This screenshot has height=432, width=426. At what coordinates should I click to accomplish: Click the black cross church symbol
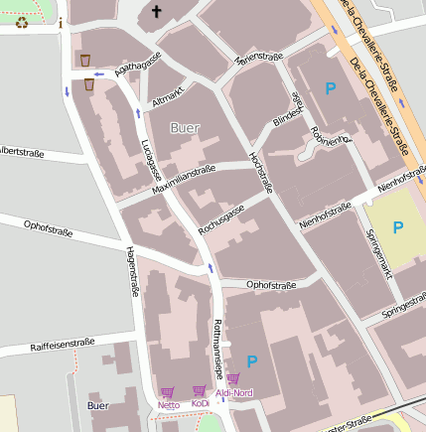155,12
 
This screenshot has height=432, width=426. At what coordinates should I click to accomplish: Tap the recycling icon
22,21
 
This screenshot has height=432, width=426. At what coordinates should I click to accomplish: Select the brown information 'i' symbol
60,23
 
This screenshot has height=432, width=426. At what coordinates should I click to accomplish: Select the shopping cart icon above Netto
167,392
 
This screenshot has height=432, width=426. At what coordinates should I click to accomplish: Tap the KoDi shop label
200,404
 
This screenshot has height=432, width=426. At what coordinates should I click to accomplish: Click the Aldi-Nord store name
234,393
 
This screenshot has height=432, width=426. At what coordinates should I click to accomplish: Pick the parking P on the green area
397,227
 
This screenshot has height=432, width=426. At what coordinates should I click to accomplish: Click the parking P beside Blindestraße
331,89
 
